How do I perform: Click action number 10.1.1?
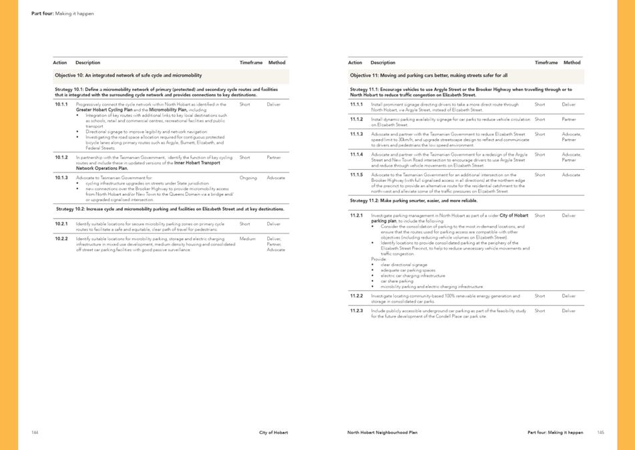coord(62,104)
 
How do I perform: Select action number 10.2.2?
coord(62,238)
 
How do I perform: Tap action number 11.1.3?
coord(357,134)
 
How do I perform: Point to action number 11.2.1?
coord(357,215)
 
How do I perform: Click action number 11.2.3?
coord(357,310)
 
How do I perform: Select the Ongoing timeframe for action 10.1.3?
coord(248,178)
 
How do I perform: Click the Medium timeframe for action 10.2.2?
coord(247,238)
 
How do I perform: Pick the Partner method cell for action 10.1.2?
coord(274,158)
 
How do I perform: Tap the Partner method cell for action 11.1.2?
coord(569,119)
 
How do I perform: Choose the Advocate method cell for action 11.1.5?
coord(571,175)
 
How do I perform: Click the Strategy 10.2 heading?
coord(170,209)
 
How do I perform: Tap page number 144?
coord(35,433)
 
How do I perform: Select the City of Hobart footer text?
coord(274,433)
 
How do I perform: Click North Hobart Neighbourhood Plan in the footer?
coord(382,433)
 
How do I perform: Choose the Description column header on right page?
coord(383,63)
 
